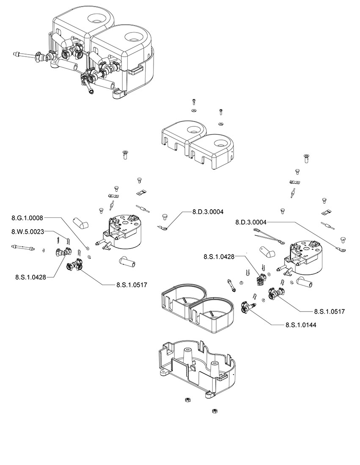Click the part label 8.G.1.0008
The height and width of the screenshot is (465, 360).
27,218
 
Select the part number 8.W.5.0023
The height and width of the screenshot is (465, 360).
27,232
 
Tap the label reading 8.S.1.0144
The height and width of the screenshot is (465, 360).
301,325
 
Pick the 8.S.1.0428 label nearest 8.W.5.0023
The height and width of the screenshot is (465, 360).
30,277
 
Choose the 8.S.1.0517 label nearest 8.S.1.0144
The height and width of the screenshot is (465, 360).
329,312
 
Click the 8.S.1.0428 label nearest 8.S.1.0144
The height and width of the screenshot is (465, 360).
219,257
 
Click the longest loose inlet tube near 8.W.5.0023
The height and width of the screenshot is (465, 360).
23,247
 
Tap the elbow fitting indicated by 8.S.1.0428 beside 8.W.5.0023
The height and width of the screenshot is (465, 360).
63,253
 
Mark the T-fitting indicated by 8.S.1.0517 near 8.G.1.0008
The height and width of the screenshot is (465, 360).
74,264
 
